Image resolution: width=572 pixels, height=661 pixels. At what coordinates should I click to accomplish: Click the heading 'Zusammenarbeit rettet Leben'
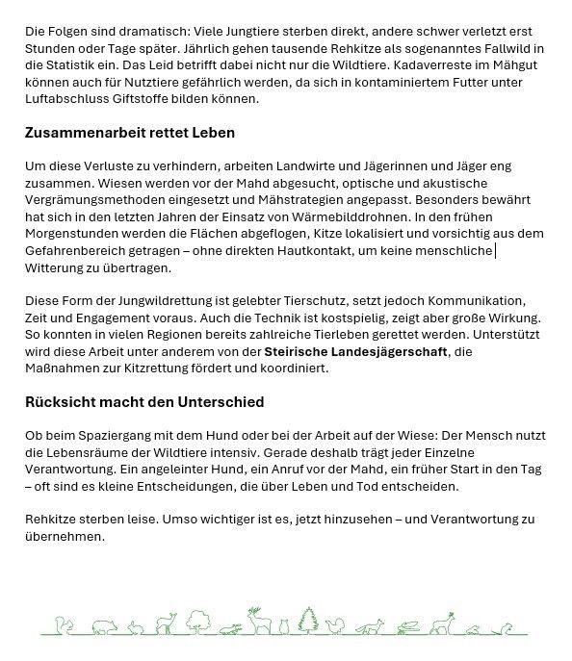click(x=129, y=133)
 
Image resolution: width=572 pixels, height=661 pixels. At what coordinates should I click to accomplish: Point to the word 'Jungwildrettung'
click(x=148, y=301)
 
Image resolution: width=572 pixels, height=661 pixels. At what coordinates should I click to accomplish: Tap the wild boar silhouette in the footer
click(x=106, y=626)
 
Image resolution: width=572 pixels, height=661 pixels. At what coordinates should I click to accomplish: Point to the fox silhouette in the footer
click(x=369, y=627)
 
